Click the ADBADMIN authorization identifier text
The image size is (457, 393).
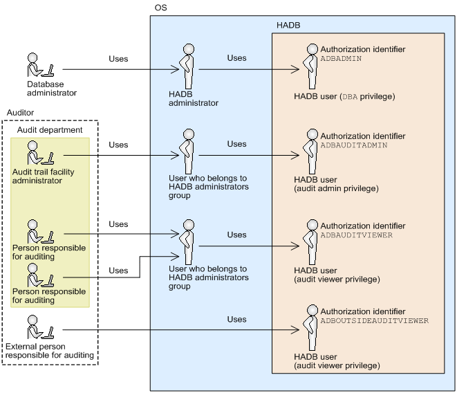pyautogui.click(x=341, y=59)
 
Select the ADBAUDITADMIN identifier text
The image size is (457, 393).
pyautogui.click(x=354, y=145)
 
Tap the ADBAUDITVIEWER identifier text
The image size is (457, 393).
pyautogui.click(x=357, y=235)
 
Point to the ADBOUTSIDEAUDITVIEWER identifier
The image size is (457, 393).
pyautogui.click(x=375, y=321)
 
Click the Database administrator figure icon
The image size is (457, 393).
pyautogui.click(x=41, y=65)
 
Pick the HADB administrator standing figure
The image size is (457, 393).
pyautogui.click(x=187, y=66)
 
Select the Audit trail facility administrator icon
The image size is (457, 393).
pyautogui.click(x=41, y=153)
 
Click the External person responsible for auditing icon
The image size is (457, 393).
pyautogui.click(x=41, y=327)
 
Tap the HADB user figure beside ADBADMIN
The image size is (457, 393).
pyautogui.click(x=311, y=66)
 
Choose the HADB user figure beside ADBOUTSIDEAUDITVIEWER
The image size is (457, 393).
pyautogui.click(x=311, y=328)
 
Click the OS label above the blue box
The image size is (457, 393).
pyautogui.click(x=160, y=8)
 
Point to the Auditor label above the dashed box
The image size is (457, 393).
pyautogui.click(x=21, y=113)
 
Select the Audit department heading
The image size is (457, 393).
pyautogui.click(x=50, y=130)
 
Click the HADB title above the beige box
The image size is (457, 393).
pyautogui.click(x=288, y=26)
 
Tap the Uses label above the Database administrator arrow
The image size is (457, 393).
pyautogui.click(x=118, y=59)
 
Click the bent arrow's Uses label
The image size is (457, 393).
pyautogui.click(x=118, y=271)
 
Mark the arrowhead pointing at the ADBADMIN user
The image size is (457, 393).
pyautogui.click(x=295, y=69)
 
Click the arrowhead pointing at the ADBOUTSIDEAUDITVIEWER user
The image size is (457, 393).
pyautogui.click(x=295, y=330)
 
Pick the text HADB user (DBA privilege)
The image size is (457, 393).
pyautogui.click(x=344, y=97)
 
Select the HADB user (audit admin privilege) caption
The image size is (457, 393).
pyautogui.click(x=336, y=184)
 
